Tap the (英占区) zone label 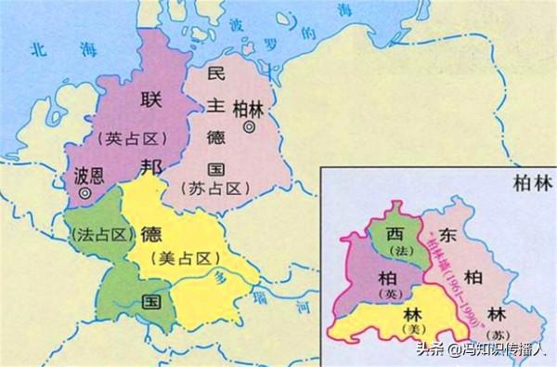131,138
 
